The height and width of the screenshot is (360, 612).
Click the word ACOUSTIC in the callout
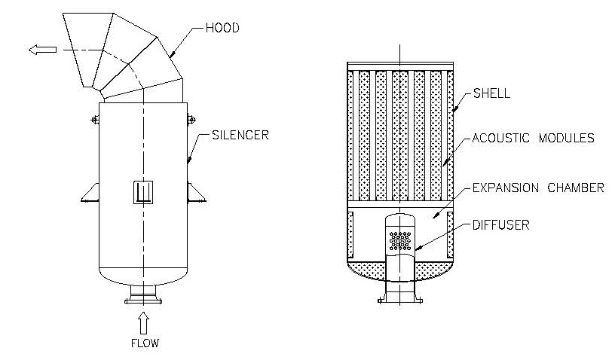click(501, 139)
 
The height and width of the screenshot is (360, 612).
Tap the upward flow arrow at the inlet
click(144, 323)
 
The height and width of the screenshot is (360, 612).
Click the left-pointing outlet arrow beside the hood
click(43, 50)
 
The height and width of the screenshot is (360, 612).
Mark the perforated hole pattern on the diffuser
click(400, 240)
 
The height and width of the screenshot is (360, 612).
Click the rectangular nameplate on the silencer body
click(143, 193)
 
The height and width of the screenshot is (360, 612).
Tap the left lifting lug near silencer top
click(95, 117)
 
